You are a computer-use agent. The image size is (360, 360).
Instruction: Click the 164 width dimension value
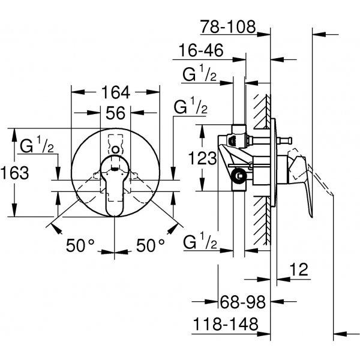[116, 92]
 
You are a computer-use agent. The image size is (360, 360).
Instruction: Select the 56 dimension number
[115, 113]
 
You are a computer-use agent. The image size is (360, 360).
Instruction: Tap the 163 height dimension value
[14, 173]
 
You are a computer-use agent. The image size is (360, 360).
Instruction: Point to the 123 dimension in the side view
[202, 158]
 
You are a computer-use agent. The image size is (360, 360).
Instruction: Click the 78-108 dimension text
[228, 26]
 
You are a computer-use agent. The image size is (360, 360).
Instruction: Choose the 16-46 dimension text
[201, 50]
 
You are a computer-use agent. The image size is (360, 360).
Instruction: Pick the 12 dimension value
[299, 269]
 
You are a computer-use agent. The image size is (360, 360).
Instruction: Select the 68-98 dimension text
[242, 302]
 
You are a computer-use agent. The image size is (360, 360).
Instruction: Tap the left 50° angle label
[80, 245]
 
